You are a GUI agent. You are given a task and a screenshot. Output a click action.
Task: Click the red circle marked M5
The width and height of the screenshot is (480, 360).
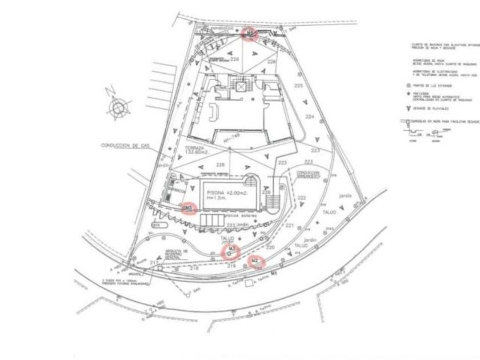pyautogui.click(x=189, y=208)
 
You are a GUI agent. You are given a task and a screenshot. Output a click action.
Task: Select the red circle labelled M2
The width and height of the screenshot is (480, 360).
pyautogui.click(x=257, y=262)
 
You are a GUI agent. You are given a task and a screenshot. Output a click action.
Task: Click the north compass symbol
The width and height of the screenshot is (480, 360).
pyautogui.click(x=119, y=106)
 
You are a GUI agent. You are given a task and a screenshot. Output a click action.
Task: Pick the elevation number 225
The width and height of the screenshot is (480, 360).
pyautogui.click(x=298, y=86)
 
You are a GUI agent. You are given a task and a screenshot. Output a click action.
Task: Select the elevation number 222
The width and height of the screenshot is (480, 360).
pyautogui.click(x=302, y=198)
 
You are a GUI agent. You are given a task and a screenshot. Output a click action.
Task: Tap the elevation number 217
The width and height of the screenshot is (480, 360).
pyautogui.click(x=153, y=262)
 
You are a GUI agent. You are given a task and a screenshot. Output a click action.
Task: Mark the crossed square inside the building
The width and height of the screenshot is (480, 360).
pyautogui.click(x=242, y=86)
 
